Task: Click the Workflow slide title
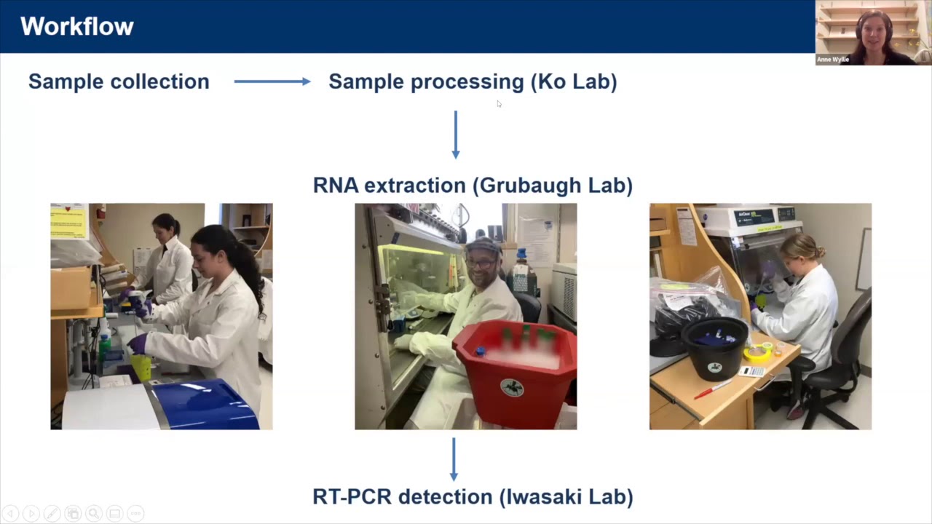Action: point(77,27)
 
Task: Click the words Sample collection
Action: point(119,82)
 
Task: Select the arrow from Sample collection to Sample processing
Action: point(272,82)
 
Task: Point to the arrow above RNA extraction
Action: point(456,135)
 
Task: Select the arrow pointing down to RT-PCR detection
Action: point(454,458)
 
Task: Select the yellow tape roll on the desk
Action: point(757,353)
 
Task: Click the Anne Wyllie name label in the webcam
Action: point(833,60)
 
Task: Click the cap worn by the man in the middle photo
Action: point(483,246)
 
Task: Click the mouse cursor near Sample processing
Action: point(499,104)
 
